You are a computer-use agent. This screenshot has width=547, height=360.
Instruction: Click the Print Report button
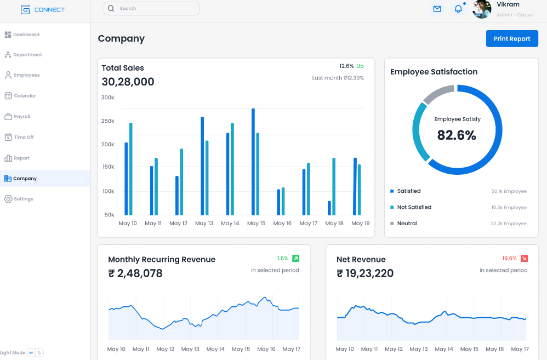[x=512, y=39]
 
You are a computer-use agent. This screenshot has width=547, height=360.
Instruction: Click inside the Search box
[x=151, y=9]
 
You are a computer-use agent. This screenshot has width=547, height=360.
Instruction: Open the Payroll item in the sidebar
[x=22, y=117]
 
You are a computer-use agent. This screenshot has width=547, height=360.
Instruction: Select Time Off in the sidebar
[x=24, y=138]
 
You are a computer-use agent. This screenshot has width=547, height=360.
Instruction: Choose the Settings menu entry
[x=24, y=199]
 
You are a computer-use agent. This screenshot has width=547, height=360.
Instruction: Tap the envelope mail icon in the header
[x=437, y=9]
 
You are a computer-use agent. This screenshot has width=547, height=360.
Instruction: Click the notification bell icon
[x=458, y=9]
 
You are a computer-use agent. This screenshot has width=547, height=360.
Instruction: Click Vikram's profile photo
[x=482, y=9]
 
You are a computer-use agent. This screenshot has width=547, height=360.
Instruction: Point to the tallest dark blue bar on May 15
[x=253, y=162]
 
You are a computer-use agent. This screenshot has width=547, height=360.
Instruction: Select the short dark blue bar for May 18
[x=329, y=208]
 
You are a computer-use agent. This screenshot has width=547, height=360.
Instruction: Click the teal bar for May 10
[x=130, y=169]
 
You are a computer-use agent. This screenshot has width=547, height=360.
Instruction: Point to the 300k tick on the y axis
[x=107, y=98]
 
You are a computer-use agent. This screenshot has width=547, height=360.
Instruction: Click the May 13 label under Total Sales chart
[x=204, y=224]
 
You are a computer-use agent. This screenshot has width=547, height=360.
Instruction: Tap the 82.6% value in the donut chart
[x=457, y=135]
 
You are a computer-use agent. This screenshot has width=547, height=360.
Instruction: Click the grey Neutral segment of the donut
[x=439, y=94]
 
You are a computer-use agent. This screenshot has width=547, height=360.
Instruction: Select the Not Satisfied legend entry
[x=414, y=207]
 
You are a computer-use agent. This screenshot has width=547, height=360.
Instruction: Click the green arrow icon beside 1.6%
[x=295, y=258]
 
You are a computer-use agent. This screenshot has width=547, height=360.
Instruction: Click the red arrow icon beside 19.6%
[x=524, y=258]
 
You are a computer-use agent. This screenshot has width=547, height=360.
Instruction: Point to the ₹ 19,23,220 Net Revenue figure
[x=365, y=273]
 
